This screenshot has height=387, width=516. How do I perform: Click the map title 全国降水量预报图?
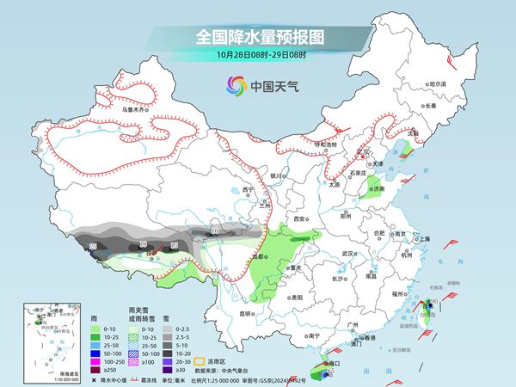tap(257, 37)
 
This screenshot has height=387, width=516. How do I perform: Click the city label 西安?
tap(300, 219)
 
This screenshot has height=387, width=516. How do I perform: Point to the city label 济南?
tap(378, 188)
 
